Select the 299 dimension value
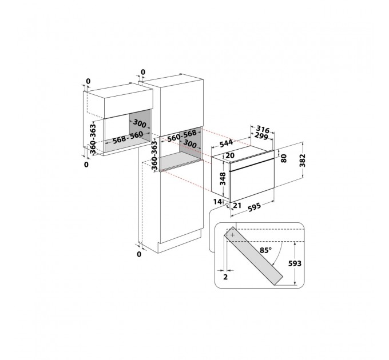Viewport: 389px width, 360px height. [261, 137]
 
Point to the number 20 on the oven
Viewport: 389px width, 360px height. [231, 155]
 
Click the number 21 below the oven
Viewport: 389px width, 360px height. [237, 206]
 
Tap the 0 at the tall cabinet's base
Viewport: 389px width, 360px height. [139, 254]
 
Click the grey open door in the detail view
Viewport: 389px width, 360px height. [256, 256]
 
